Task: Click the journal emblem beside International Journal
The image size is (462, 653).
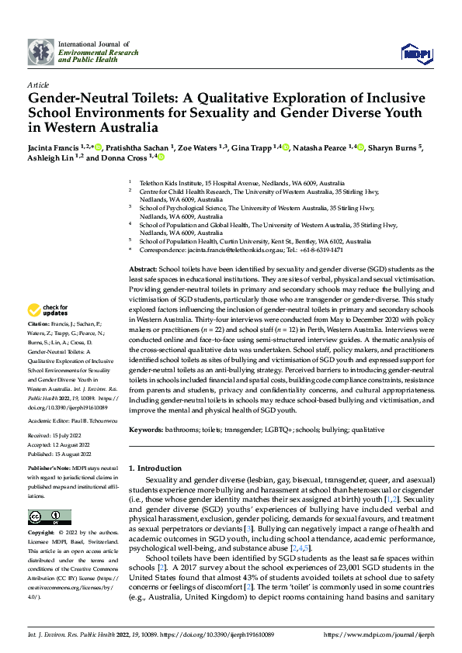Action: [41, 52]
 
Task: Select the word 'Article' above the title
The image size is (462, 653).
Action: [38, 85]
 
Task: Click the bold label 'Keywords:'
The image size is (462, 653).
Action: [145, 429]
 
